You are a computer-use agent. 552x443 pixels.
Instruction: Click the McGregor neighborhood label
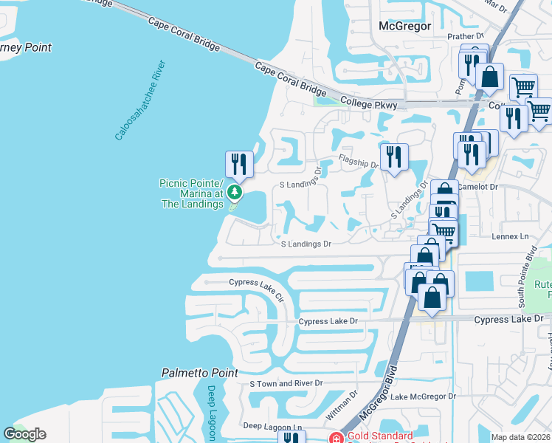tap(403, 26)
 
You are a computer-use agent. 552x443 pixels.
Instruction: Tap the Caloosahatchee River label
tap(139, 100)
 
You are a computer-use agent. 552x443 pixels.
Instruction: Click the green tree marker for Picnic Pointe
tap(235, 193)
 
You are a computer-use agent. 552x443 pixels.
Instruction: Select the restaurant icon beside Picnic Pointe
tap(238, 164)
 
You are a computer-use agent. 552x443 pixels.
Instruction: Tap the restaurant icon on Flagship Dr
tap(394, 157)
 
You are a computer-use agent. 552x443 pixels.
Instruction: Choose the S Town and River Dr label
tap(286, 383)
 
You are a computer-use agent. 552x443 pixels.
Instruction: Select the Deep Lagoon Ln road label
tap(273, 427)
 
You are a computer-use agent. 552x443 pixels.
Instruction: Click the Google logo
tap(24, 434)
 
